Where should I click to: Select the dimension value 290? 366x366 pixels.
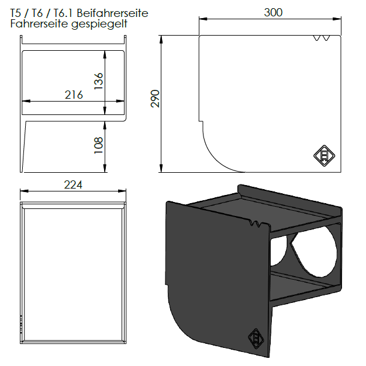click(x=155, y=99)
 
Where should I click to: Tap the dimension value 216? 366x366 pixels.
click(x=74, y=95)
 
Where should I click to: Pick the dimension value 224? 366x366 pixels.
click(x=74, y=184)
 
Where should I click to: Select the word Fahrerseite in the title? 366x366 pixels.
click(x=36, y=25)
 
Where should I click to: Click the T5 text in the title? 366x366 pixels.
click(x=18, y=13)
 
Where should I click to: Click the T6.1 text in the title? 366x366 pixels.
click(x=65, y=13)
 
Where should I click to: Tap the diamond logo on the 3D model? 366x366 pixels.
click(x=256, y=338)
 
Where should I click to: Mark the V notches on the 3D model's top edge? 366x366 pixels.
click(x=255, y=224)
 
